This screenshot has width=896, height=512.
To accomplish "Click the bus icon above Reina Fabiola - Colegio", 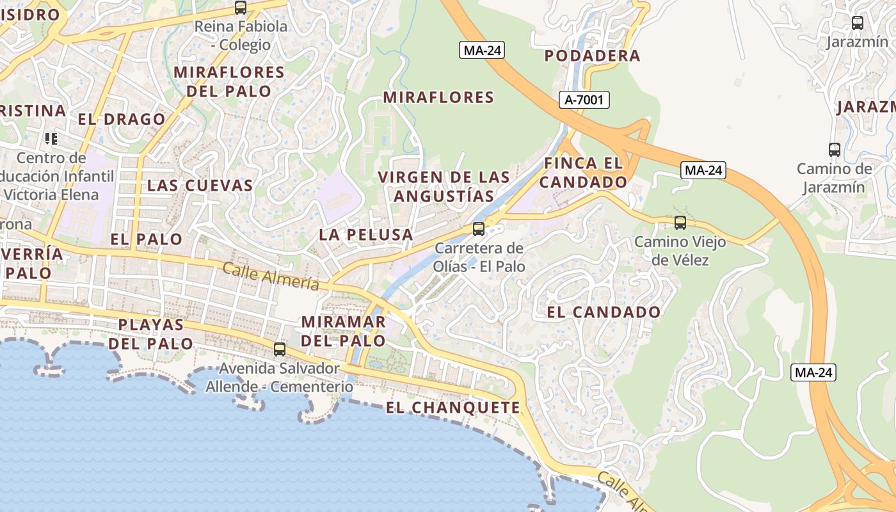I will pos(241,8).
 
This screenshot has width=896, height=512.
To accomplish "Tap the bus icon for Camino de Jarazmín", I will pos(835,150).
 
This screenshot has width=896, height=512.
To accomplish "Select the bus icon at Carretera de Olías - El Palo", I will pos(478,229).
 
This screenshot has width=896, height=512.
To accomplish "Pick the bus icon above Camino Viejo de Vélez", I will pos(680,223).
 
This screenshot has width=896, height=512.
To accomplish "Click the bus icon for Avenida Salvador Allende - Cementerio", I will pos(280,349).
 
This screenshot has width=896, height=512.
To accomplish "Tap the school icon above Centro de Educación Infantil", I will pos(51,138).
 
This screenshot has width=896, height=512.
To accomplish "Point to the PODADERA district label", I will pos(592,56).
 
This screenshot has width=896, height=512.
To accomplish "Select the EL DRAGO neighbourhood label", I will pos(122,119).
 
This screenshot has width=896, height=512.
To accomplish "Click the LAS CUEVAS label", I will pos(200,186).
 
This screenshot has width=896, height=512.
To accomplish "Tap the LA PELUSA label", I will pos(366,235).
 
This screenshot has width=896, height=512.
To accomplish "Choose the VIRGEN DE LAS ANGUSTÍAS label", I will pos(444,186).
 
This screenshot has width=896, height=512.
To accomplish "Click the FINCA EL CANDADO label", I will pos(583,173).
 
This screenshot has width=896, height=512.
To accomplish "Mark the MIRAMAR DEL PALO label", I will pos(343,331).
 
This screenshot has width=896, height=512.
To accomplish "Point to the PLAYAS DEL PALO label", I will pos(151,334).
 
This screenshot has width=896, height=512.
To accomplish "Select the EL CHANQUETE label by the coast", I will pos(453,408).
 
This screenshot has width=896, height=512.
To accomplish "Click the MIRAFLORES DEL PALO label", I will pos(229,81).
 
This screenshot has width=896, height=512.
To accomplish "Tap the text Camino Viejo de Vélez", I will pos(680,251).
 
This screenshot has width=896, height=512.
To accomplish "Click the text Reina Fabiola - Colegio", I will pos(241,36).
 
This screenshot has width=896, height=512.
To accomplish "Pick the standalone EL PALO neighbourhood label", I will pos(147,239).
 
